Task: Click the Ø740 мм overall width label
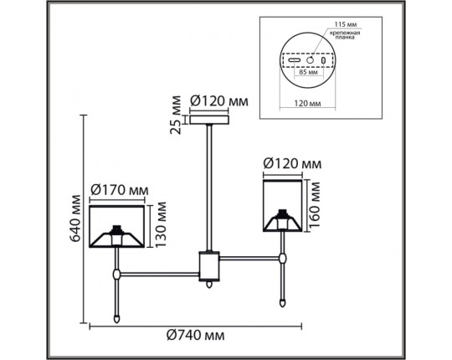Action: (195, 336)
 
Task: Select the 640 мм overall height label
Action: (75, 219)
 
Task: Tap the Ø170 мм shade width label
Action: (120, 191)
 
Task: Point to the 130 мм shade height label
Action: (160, 224)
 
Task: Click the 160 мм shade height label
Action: (314, 204)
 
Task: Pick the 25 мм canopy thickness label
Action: (175, 115)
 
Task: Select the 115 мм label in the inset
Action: (346, 25)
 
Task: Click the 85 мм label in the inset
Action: (308, 72)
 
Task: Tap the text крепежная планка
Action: (345, 35)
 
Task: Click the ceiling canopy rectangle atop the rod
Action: (209, 120)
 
